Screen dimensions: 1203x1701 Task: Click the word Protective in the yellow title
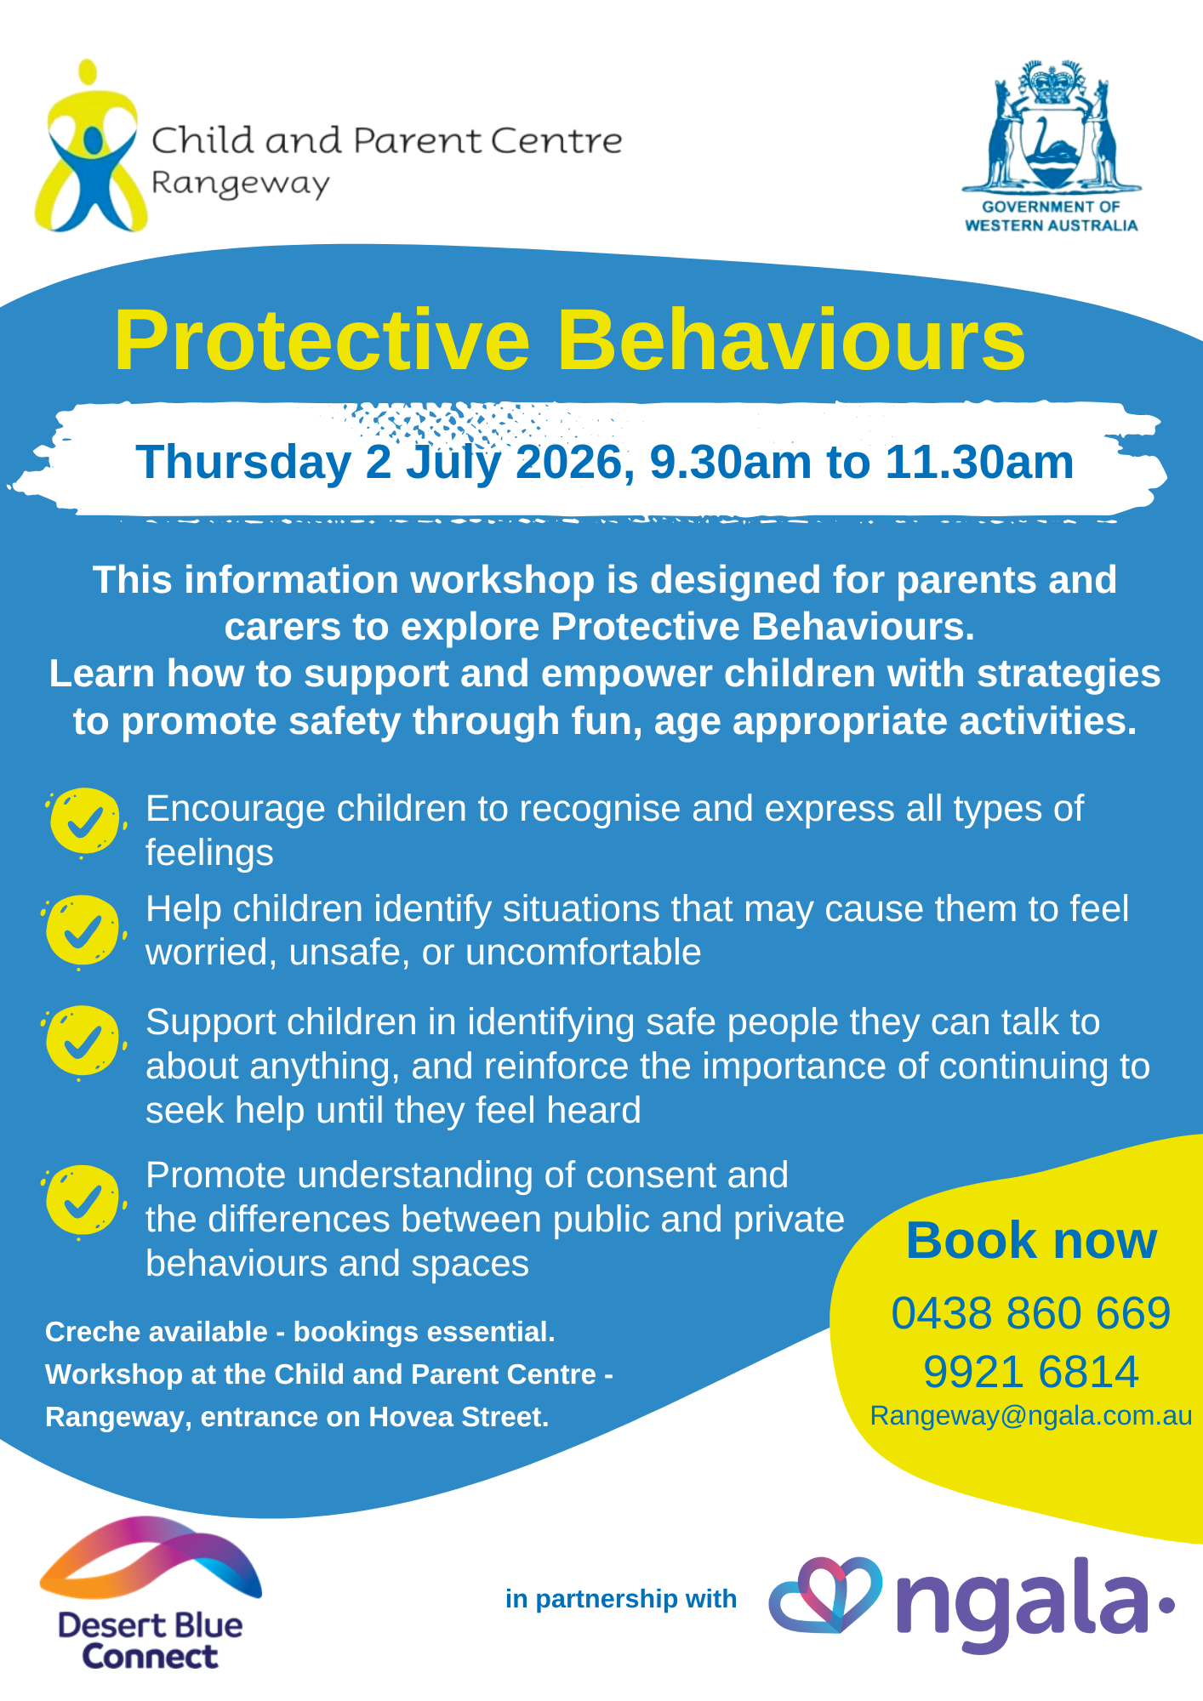322,340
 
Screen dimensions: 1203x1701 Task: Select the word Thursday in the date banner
244,464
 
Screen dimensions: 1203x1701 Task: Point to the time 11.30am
979,463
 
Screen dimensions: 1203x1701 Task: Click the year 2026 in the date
569,464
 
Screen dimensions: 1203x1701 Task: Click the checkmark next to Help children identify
83,930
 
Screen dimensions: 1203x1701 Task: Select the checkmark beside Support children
83,1041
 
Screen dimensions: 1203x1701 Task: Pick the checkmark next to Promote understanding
83,1200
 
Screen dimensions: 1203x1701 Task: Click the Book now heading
1031,1241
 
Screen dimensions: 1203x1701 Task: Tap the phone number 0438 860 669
1031,1313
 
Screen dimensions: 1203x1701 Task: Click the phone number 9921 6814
1031,1372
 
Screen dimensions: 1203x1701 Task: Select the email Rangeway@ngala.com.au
1031,1416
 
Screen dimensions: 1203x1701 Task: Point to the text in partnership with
621,1600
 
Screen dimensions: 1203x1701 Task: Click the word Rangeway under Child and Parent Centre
240,184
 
